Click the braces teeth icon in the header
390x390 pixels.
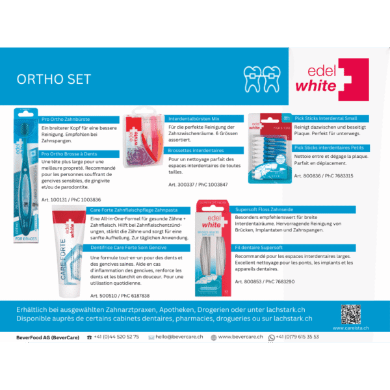[x=261, y=78]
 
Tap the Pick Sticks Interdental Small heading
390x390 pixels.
[x=328, y=118]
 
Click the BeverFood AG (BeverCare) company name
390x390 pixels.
[x=48, y=337]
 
